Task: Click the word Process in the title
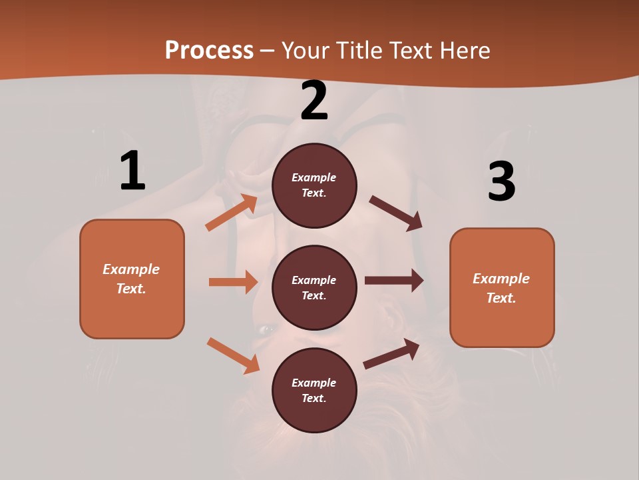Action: click(x=209, y=51)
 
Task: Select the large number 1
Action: click(x=132, y=171)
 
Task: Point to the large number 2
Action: click(x=314, y=101)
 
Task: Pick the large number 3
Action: click(x=501, y=182)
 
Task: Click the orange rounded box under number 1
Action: click(x=132, y=279)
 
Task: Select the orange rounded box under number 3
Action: click(x=502, y=287)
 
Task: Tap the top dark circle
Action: click(x=314, y=185)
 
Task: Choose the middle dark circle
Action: click(x=314, y=287)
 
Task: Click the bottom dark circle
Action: click(x=314, y=390)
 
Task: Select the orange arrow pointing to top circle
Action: click(x=232, y=213)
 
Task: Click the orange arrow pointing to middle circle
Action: click(x=233, y=282)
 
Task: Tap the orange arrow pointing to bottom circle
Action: click(x=233, y=355)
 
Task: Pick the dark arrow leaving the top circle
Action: click(x=396, y=213)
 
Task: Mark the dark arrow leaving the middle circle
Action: click(x=394, y=281)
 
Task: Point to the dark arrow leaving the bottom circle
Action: click(x=391, y=353)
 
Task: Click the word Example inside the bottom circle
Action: click(x=314, y=383)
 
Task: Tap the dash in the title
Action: click(x=268, y=51)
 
